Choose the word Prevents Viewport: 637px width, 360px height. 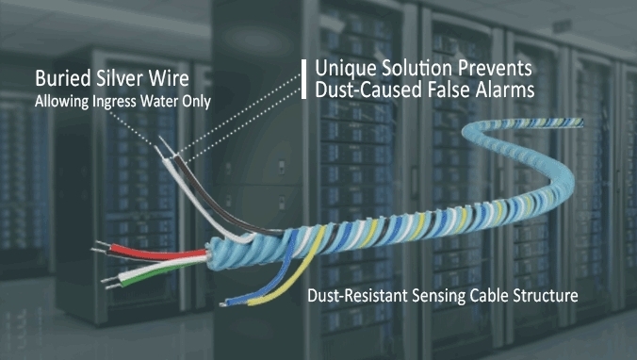[495, 70]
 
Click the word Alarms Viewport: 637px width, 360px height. [501, 90]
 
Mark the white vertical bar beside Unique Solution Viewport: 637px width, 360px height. [303, 79]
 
